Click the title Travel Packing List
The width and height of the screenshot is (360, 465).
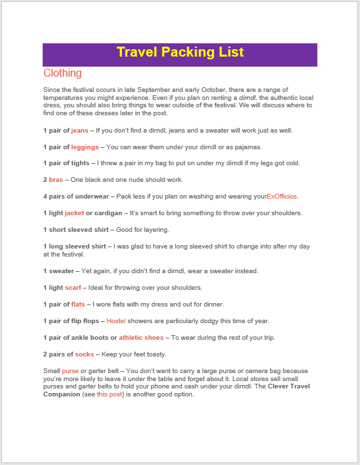tap(180, 53)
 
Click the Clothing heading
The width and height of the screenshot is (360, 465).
tap(63, 73)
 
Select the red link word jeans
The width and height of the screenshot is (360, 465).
tap(79, 131)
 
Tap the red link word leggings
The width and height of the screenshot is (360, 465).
tap(85, 147)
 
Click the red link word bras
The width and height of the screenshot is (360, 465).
tap(57, 180)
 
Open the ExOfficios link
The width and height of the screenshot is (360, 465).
tap(282, 197)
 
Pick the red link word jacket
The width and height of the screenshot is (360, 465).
tap(74, 213)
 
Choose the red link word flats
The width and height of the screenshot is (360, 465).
tap(78, 304)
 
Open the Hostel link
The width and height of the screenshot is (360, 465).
tap(116, 321)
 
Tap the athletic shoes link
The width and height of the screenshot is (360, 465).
tap(141, 338)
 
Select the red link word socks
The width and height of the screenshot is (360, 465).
tap(84, 354)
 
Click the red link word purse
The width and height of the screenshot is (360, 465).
tap(70, 370)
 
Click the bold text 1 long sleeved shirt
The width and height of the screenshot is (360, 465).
tap(75, 246)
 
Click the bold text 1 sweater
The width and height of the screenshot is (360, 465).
tap(58, 271)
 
